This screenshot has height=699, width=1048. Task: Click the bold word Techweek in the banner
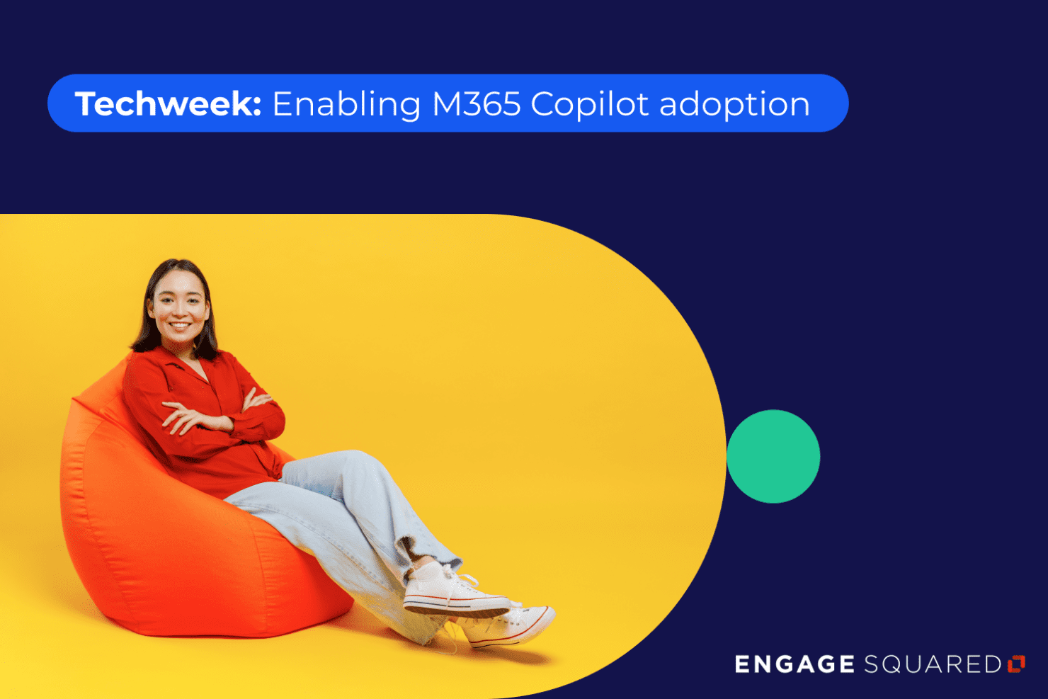(x=164, y=104)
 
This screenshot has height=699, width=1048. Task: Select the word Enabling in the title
(x=346, y=105)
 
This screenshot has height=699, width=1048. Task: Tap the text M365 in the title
(x=476, y=104)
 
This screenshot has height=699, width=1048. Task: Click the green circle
(x=773, y=456)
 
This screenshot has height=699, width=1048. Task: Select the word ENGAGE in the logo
(x=794, y=664)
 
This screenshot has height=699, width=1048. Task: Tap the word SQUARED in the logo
(x=932, y=664)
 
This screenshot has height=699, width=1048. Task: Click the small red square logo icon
(x=1016, y=664)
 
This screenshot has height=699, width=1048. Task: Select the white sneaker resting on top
(x=453, y=591)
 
